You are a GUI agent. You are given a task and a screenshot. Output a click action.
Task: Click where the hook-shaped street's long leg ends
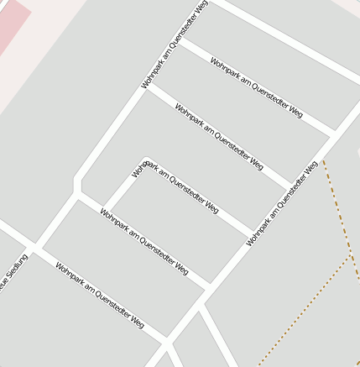[253, 233]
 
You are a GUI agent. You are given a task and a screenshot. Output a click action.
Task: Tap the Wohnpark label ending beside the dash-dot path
[283, 204]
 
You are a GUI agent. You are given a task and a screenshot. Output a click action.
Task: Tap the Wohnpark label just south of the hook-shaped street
[143, 242]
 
